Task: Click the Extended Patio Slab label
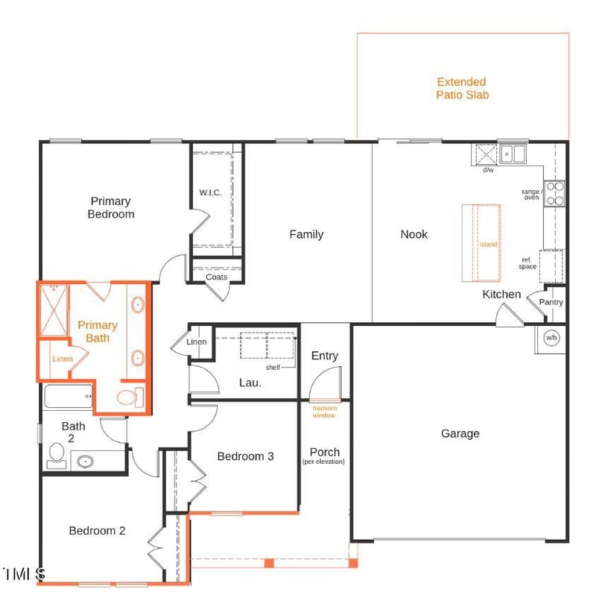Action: coord(462,88)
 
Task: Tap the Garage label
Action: coord(460,433)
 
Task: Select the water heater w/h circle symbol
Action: coord(551,338)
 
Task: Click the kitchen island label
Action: coord(488,244)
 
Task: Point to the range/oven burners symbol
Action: coord(554,194)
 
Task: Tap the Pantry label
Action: coord(551,302)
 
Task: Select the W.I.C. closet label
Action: coord(210,192)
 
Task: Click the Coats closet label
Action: coord(216,277)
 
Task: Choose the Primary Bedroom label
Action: coord(111,207)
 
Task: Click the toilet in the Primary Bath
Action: coord(129,397)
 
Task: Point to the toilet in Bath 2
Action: coord(57,454)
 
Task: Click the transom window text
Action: coord(324,412)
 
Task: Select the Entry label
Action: coord(324,356)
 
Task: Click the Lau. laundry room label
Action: coord(250,383)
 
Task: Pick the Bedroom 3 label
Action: coord(245,456)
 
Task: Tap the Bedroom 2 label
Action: coord(97,531)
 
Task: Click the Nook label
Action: coord(413,234)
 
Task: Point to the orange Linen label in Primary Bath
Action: coord(63,359)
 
